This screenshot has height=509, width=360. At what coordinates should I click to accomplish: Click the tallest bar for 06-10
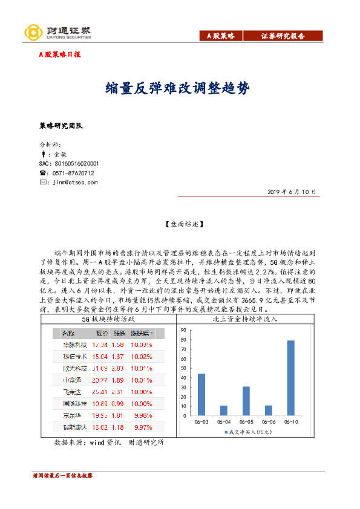[x=291, y=378]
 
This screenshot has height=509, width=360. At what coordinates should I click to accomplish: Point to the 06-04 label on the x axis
[x=224, y=421]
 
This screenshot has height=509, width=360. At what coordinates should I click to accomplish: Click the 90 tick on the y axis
[x=183, y=330]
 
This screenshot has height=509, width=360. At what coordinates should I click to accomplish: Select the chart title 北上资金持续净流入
[x=245, y=319]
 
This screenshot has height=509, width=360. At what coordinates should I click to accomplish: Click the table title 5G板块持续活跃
[x=108, y=319]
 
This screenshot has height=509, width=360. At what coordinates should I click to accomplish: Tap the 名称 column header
[x=68, y=333]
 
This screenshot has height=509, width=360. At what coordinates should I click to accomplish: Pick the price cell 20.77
[x=99, y=380]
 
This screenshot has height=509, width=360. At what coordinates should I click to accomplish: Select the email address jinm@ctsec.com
[x=75, y=182]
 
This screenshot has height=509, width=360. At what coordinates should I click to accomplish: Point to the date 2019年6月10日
[x=292, y=192]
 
